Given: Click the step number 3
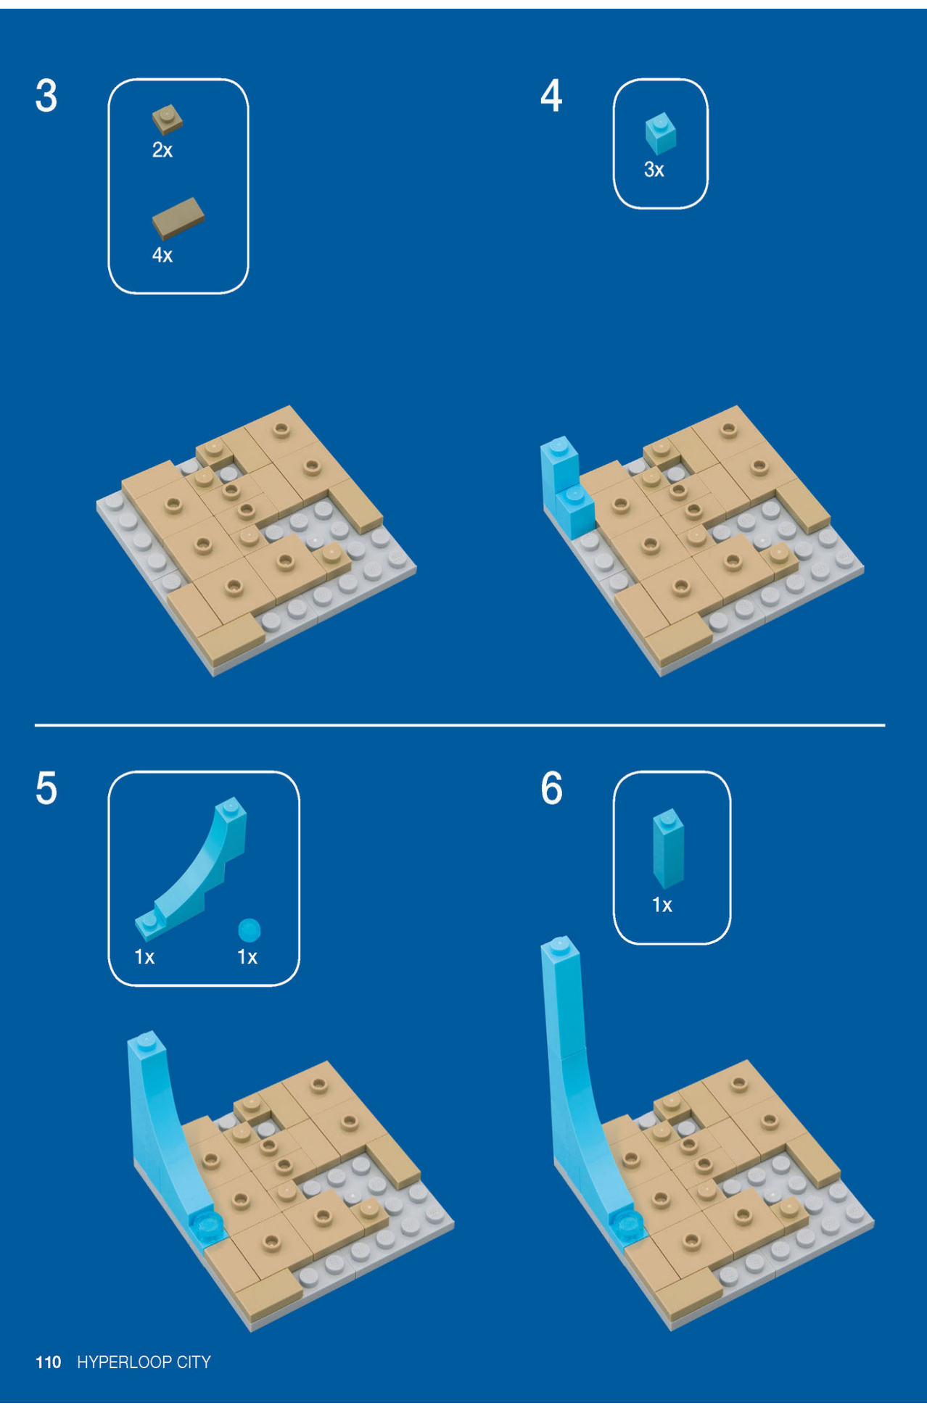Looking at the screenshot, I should [46, 96].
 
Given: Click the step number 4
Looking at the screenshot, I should [551, 96].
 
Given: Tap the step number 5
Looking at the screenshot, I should [46, 788].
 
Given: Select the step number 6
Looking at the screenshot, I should [551, 788].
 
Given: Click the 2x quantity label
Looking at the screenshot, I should [162, 150].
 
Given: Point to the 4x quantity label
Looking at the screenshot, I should [162, 255].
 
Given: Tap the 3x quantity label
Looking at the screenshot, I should [654, 170].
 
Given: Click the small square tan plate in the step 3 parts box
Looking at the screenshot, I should [167, 120].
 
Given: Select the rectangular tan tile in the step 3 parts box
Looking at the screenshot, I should [178, 218].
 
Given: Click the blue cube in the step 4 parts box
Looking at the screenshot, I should [660, 134].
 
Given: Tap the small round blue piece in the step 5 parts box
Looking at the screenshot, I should [249, 929].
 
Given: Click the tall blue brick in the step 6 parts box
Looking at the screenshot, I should [668, 848].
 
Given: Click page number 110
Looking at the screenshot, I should [48, 1362].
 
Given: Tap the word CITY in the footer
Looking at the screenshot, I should [193, 1362].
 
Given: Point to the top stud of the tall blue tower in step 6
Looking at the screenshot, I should [559, 944].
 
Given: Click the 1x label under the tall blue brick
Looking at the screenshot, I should [662, 905].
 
